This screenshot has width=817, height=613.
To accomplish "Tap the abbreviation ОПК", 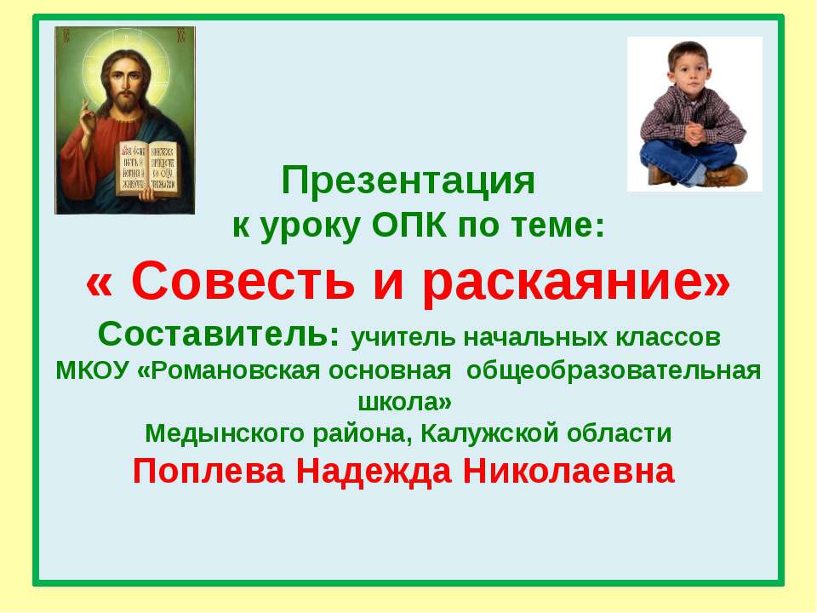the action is pos(409,225).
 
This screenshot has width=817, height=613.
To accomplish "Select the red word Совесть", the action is pos(243,280).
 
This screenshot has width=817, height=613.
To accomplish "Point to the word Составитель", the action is pos(219,334).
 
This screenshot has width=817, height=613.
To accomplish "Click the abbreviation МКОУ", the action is pos(92,370).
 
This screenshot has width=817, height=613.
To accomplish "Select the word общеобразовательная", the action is pos(614,371).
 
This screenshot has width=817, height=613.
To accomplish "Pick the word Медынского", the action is pos(225,433).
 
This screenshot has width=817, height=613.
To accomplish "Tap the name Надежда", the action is pos(374,473).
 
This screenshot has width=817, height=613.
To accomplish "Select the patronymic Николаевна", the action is pos(568,471).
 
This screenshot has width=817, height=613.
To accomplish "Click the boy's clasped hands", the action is pos(695,133).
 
